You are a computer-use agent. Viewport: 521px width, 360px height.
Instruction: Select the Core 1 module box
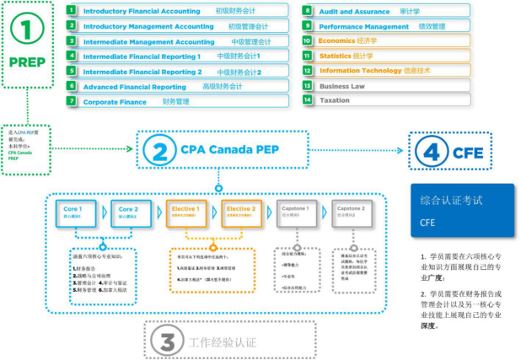coord(74,211)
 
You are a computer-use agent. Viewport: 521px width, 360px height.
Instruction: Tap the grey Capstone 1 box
coord(297,211)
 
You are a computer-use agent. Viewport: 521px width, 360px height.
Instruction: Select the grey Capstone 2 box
coord(351,211)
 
